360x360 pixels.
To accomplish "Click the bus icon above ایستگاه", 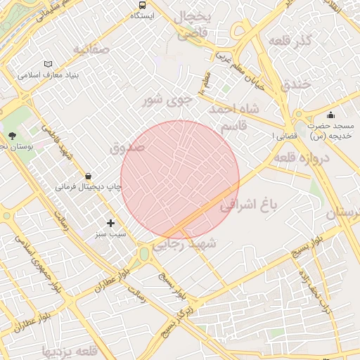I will [x=142, y=4].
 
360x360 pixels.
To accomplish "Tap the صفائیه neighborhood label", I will [x=92, y=50].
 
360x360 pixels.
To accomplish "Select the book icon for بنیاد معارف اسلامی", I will [x=48, y=64].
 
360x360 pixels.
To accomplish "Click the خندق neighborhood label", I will [x=295, y=85].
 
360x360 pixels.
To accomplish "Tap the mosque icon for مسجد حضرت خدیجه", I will [x=330, y=115].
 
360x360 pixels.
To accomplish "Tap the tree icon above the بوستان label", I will [x=12, y=136].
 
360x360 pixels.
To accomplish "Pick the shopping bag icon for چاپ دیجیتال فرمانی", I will [x=88, y=176].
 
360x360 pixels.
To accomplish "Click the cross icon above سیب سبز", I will [x=110, y=223].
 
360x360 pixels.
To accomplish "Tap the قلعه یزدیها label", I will [x=68, y=350].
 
